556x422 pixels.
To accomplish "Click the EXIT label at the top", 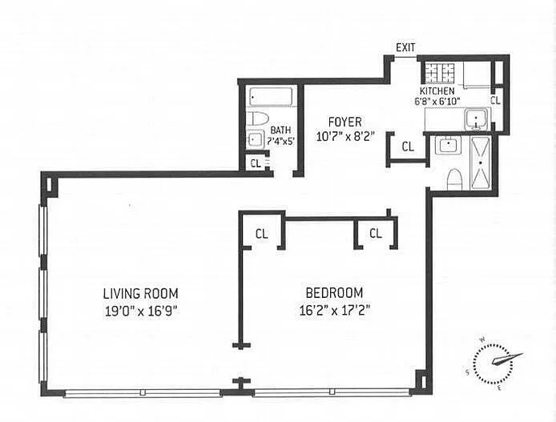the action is [x=405, y=47].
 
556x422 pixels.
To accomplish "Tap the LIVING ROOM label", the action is [x=141, y=294].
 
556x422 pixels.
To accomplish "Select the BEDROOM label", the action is [x=334, y=293].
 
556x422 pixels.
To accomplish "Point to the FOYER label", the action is [x=345, y=122].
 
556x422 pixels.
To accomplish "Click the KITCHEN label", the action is [x=437, y=90].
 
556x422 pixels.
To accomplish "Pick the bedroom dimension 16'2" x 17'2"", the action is [x=335, y=311].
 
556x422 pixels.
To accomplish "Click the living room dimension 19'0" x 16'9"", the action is [x=141, y=311].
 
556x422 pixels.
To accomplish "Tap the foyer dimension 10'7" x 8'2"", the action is [x=345, y=136].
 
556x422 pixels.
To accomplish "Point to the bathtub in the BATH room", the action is [x=271, y=97].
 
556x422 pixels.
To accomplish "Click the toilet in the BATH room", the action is [x=257, y=119].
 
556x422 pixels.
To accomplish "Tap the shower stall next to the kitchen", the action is [x=481, y=163].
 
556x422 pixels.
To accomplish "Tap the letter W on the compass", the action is [x=482, y=340].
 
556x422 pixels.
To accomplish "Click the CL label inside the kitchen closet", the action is [x=495, y=100].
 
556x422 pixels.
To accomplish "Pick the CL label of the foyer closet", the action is [x=408, y=147].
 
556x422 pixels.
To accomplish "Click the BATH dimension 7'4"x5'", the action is [x=281, y=142].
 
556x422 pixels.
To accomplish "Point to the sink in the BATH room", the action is [x=256, y=139].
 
